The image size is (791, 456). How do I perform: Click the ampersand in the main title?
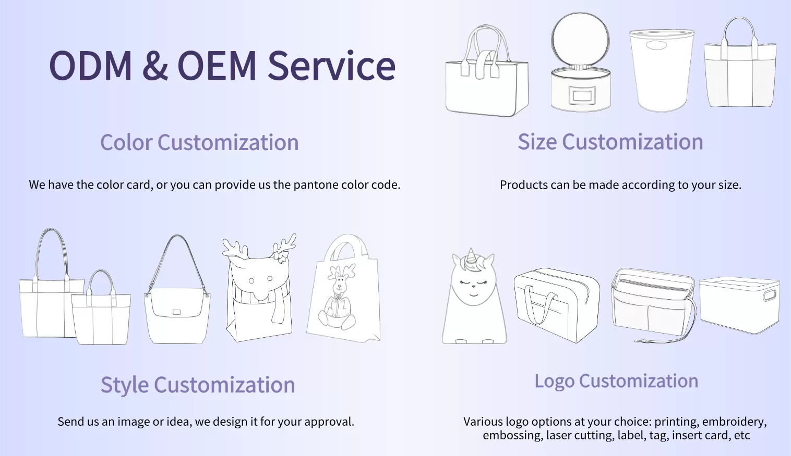click(x=155, y=66)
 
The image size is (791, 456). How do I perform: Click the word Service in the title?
click(x=331, y=66)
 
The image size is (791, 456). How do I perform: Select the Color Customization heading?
click(x=199, y=142)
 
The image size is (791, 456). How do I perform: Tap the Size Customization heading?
click(x=610, y=142)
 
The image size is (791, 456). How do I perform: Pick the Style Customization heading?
click(x=198, y=385)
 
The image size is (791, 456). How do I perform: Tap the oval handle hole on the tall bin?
click(x=656, y=45)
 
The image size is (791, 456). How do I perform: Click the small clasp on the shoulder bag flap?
click(x=176, y=312)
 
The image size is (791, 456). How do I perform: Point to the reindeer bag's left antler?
click(x=235, y=248)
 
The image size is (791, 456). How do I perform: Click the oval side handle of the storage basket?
click(x=770, y=295)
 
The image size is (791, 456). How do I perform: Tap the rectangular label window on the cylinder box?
click(x=582, y=95)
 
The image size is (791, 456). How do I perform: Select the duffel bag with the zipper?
click(x=557, y=305)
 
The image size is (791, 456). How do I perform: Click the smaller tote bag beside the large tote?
click(x=101, y=307)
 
